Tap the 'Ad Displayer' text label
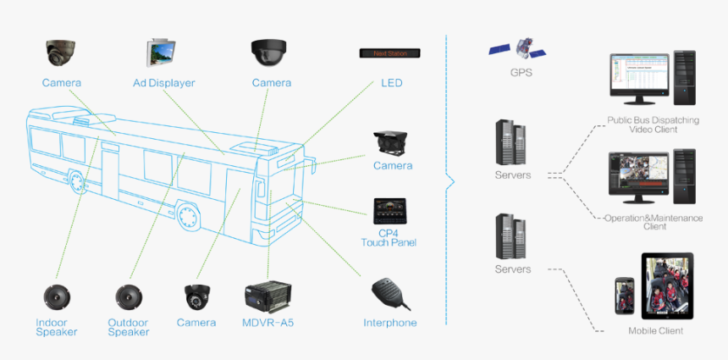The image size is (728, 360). [164, 83]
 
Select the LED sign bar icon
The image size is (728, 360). [391, 53]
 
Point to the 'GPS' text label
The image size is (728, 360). [521, 73]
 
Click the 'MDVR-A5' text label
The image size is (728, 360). [268, 323]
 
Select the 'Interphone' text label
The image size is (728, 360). [390, 323]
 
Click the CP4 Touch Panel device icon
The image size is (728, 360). [393, 212]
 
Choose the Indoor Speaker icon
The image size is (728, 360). [57, 298]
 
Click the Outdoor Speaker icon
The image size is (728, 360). [129, 298]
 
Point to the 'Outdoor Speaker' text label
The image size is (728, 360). [129, 327]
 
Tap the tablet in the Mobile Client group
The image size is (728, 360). [667, 285]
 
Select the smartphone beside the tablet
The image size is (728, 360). [625, 296]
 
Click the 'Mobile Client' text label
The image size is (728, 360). [655, 330]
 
